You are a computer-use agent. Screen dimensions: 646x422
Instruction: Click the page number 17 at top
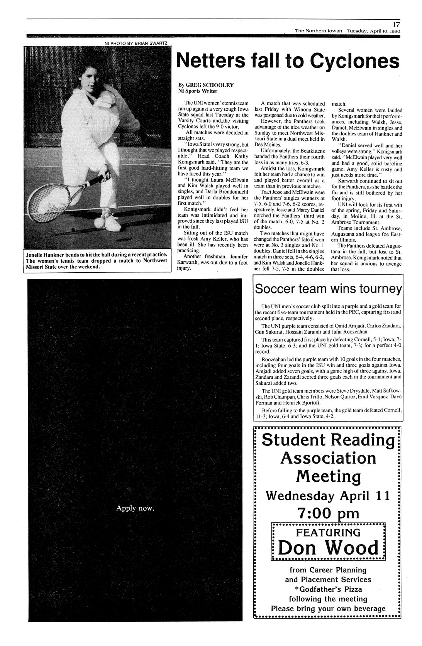pos(396,24)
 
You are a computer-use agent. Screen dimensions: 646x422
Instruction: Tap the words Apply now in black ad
pos(135,508)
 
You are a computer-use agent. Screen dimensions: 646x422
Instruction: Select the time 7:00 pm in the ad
pos(328,513)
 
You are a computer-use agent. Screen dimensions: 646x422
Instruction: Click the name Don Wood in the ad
pos(328,548)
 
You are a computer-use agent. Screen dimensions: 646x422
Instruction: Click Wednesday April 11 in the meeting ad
pos(328,496)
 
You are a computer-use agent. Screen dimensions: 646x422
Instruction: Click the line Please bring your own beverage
pos(328,609)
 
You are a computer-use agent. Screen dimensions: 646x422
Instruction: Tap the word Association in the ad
pos(328,458)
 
